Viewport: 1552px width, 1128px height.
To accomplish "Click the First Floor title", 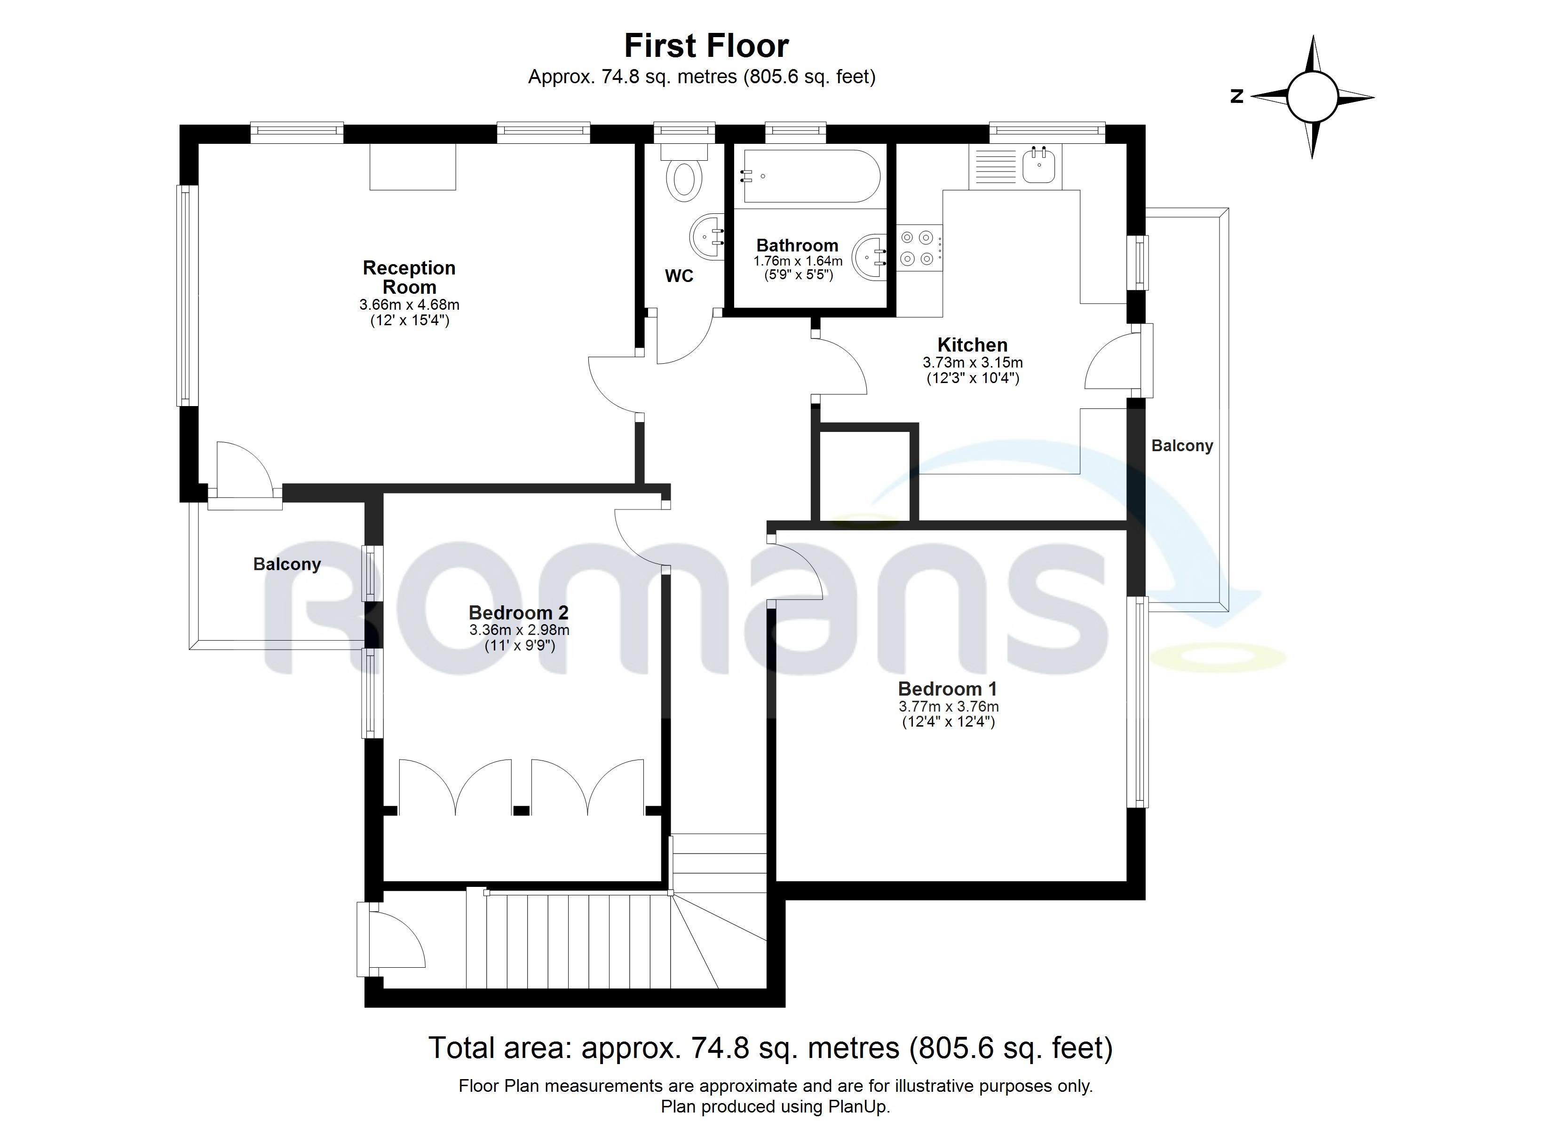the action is click(x=706, y=47).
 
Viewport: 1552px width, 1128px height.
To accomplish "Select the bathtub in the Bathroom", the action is click(x=811, y=177).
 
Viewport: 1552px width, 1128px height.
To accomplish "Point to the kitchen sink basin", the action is click(x=1039, y=167).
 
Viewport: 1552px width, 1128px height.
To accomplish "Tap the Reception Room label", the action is click(x=409, y=277).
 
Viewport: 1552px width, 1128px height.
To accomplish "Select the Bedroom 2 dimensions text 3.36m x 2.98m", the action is click(x=519, y=630).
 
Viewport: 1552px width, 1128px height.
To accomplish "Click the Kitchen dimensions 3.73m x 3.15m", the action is click(x=973, y=362).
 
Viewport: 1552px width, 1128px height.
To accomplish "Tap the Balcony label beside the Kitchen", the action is click(x=1182, y=446).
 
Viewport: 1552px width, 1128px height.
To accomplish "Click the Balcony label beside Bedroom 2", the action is click(x=287, y=564).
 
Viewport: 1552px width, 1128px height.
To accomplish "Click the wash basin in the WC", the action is click(x=707, y=237).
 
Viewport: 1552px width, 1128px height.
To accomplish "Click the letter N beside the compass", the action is click(x=1236, y=96).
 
